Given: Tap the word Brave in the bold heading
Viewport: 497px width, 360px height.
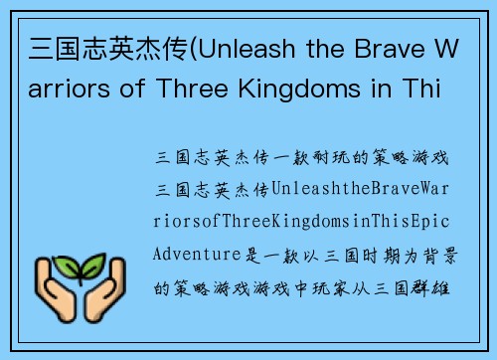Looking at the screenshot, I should [383, 49].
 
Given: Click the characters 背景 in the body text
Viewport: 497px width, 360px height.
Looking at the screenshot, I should [443, 254].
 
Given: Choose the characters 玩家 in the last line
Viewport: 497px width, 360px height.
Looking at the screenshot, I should [346, 287].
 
